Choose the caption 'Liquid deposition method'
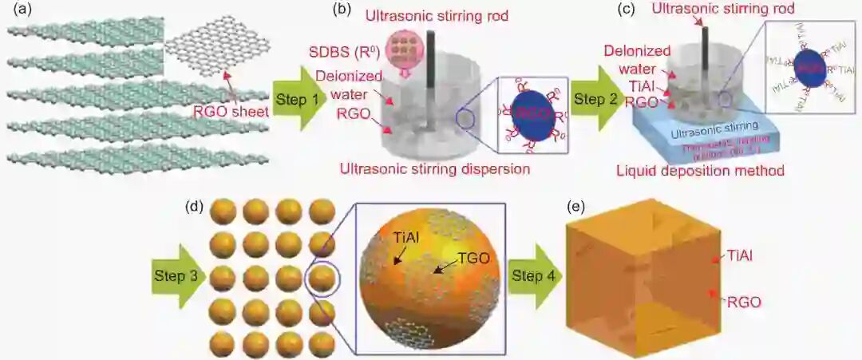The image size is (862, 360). point(701,169)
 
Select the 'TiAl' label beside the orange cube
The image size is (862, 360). point(741,255)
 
